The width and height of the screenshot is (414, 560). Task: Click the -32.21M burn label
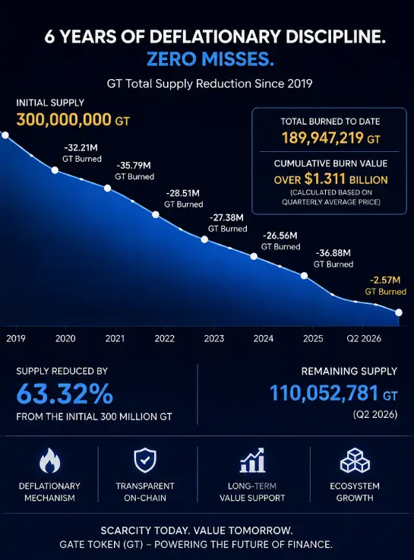click(81, 148)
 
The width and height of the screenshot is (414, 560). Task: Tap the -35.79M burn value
click(134, 166)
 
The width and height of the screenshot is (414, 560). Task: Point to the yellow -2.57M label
click(384, 280)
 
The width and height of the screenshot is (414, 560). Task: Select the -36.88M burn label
click(333, 253)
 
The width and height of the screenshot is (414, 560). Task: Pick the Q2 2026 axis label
click(364, 338)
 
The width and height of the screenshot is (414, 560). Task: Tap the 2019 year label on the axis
click(16, 338)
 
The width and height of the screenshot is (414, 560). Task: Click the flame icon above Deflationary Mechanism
click(49, 460)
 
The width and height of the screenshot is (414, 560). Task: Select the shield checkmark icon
click(145, 460)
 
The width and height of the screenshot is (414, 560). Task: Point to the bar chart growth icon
click(252, 460)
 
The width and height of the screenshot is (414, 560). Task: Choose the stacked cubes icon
click(355, 460)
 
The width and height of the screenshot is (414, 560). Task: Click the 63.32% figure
click(65, 394)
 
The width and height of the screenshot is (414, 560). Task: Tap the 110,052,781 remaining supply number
click(324, 393)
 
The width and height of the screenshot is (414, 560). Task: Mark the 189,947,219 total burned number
click(323, 138)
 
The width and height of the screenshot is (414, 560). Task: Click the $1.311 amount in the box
click(325, 179)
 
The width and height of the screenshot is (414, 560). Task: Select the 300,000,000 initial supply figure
click(64, 119)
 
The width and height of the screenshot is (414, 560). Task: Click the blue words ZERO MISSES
click(210, 59)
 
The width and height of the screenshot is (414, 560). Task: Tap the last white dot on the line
click(399, 312)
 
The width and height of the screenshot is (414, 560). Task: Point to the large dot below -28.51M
click(156, 214)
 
